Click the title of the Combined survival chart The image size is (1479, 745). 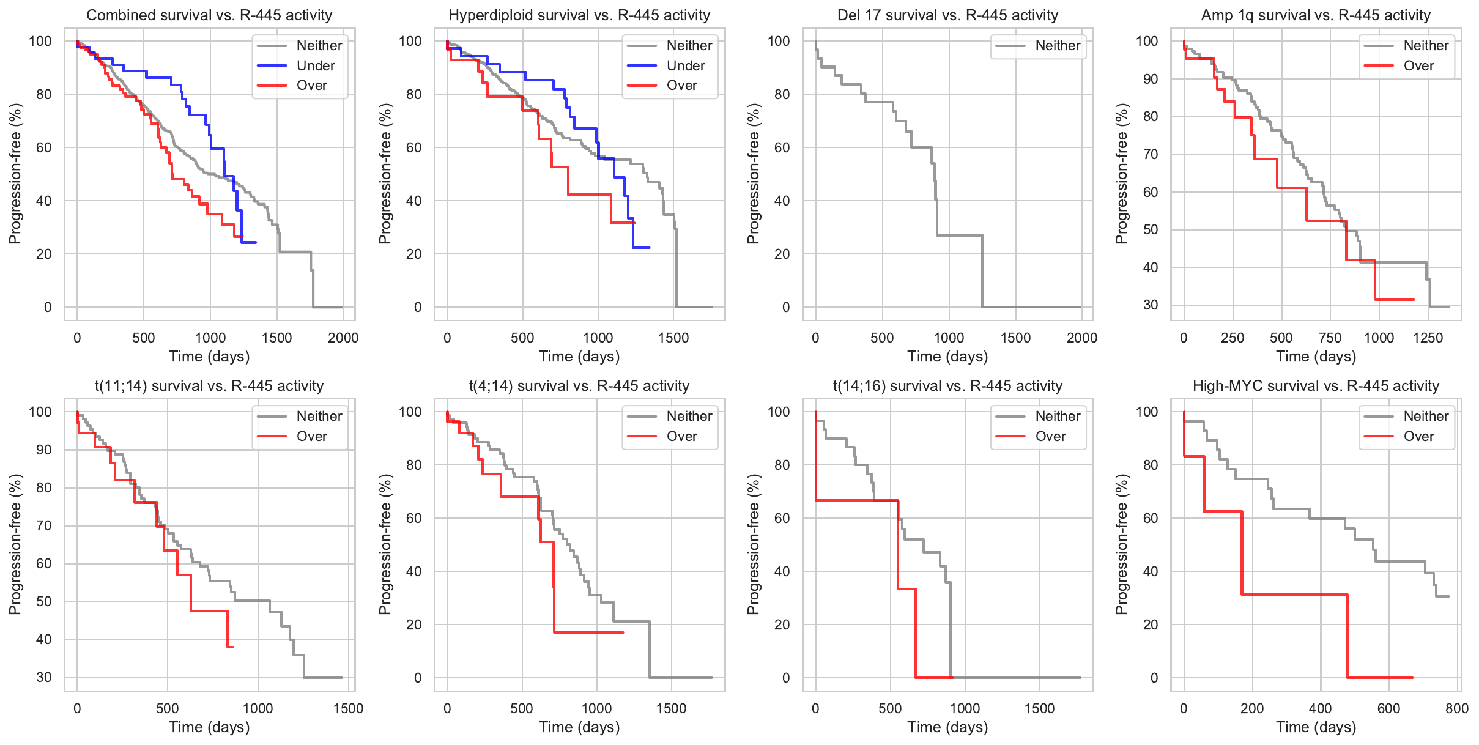[x=209, y=15]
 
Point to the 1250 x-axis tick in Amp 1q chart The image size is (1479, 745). [x=1428, y=338]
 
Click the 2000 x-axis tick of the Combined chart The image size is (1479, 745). [x=343, y=338]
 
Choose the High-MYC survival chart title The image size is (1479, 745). [x=1316, y=386]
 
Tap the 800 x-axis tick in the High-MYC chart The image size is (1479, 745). [x=1457, y=708]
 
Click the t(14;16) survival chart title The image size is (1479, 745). [x=947, y=386]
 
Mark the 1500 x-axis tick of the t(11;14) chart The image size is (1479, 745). [x=348, y=708]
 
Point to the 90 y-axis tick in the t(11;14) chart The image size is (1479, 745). [x=44, y=450]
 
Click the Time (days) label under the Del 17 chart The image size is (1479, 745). [x=947, y=357]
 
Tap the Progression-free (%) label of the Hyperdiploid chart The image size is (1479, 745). [x=385, y=174]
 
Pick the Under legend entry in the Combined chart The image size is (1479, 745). [x=315, y=65]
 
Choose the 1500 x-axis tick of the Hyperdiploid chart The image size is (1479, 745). [x=673, y=338]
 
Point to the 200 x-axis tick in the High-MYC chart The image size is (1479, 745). [x=1252, y=708]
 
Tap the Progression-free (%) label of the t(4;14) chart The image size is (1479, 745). [x=385, y=544]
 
